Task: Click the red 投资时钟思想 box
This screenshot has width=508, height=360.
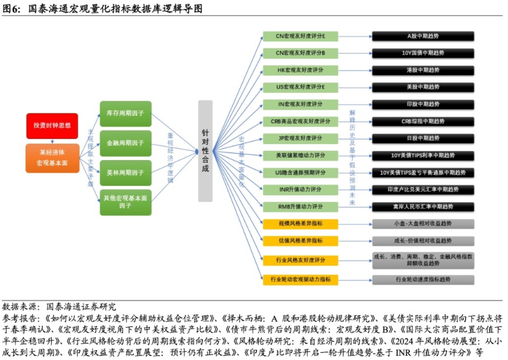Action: coord(52,125)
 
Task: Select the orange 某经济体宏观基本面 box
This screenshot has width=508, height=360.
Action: coord(52,157)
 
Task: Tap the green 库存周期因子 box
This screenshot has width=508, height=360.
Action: coord(125,113)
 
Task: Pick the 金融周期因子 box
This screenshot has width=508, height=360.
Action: coord(125,143)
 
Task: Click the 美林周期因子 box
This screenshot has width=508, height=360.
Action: coord(125,173)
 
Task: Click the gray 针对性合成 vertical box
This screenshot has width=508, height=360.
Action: coord(205,151)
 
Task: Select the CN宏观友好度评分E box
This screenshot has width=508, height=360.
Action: coord(300,36)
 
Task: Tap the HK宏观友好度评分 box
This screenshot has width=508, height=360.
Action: coord(300,70)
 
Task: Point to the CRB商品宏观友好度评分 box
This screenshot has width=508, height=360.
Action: coord(300,121)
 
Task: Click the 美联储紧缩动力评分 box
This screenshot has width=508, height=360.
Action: coord(300,155)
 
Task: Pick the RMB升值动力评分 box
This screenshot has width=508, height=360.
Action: coord(300,206)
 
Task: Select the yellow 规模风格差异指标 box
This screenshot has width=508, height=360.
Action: coord(300,224)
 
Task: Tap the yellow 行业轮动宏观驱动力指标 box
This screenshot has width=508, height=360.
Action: coord(300,279)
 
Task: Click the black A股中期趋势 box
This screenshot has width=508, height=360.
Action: coord(423,36)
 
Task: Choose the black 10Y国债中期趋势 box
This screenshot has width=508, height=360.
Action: coord(423,53)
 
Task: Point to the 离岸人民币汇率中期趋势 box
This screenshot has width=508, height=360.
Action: coord(423,206)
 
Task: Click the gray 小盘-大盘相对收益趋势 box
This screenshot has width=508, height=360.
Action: coord(423,224)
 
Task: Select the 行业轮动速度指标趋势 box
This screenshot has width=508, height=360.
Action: coord(423,279)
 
